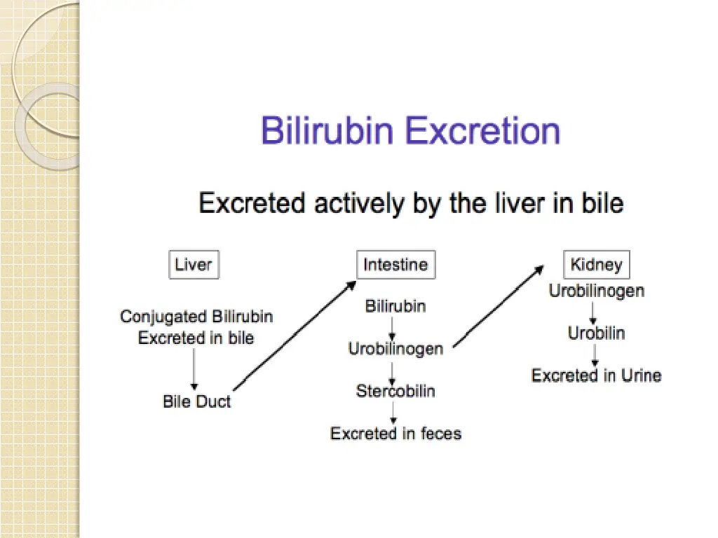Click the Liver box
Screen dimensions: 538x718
point(194,265)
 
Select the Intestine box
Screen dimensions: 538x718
point(395,265)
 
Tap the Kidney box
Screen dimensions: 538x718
point(596,265)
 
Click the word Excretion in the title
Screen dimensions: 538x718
point(483,131)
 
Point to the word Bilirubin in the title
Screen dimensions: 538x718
point(328,131)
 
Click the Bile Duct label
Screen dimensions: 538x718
point(196,402)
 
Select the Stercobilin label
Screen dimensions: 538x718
point(395,391)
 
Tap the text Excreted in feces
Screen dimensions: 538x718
point(395,434)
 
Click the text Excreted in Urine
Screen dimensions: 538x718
point(596,375)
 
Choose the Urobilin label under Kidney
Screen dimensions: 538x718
point(596,333)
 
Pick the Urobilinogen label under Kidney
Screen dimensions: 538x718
point(596,290)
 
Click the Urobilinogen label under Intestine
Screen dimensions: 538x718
point(395,348)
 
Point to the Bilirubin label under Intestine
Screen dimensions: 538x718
point(395,306)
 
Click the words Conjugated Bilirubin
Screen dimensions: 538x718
point(196,317)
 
